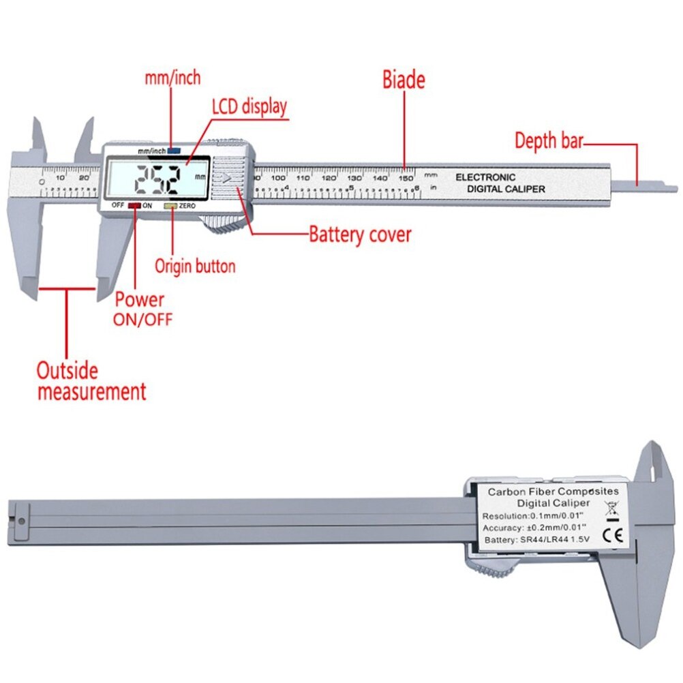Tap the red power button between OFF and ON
(x=134, y=205)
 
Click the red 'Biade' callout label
(x=403, y=80)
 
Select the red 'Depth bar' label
(x=549, y=141)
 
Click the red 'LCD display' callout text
(x=249, y=107)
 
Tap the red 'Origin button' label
(x=195, y=266)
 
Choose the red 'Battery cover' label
(x=360, y=235)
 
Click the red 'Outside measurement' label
(x=91, y=381)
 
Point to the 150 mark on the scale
(x=406, y=177)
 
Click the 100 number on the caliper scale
(x=279, y=177)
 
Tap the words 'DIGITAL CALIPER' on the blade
(x=506, y=189)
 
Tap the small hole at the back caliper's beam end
(x=22, y=521)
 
